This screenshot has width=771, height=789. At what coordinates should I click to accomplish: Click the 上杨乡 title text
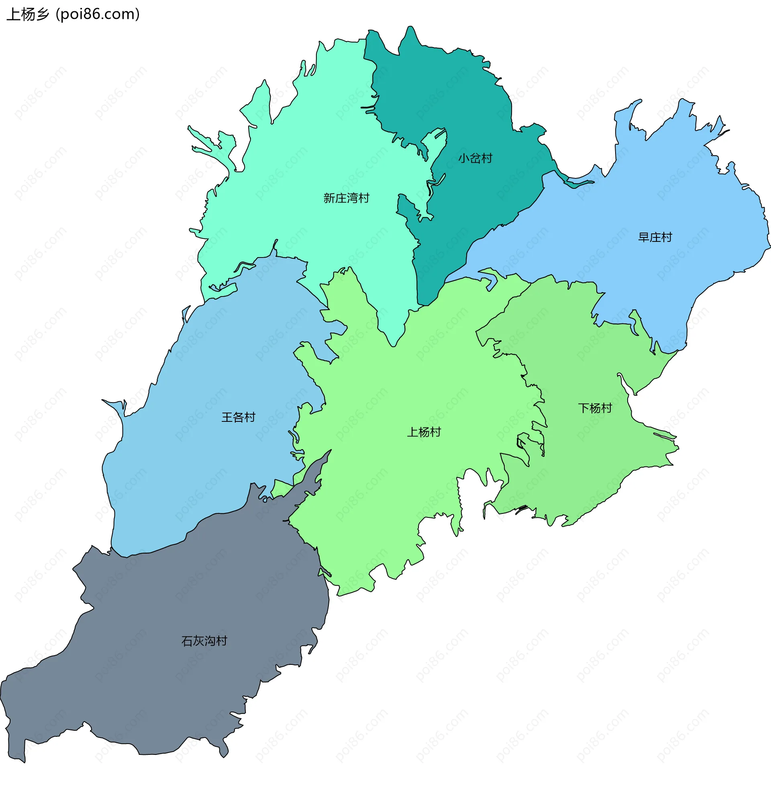[x=28, y=14]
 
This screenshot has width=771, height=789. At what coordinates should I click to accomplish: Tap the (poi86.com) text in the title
[x=98, y=14]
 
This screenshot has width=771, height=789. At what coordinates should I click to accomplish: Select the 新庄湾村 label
[x=346, y=198]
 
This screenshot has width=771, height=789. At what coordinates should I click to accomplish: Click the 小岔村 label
[x=475, y=158]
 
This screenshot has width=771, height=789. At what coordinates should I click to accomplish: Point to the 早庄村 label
[x=655, y=237]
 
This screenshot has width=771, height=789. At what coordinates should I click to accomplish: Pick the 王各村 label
[x=238, y=417]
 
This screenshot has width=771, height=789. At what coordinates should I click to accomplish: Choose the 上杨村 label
[x=424, y=432]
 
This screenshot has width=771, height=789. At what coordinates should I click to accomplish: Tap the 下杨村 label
[x=594, y=408]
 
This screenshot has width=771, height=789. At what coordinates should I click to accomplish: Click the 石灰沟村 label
[x=204, y=641]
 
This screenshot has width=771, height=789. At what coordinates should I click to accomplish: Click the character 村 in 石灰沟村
[x=222, y=641]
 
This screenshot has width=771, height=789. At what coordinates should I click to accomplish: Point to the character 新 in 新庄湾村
[x=329, y=198]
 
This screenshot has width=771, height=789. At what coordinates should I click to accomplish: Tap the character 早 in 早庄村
[x=644, y=237]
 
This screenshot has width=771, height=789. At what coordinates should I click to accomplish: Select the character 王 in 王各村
[x=227, y=417]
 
